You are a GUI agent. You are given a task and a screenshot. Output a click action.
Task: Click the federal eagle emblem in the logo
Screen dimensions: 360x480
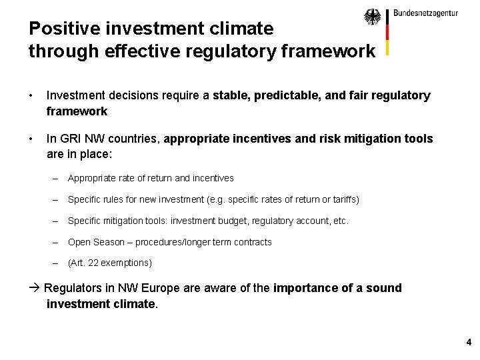(373, 17)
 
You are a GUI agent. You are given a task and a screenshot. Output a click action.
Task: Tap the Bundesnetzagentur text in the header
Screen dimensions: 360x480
(425, 13)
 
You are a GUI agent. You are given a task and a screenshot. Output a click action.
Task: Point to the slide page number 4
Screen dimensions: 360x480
(469, 343)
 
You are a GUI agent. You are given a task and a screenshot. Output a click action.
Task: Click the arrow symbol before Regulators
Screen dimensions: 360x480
(35, 288)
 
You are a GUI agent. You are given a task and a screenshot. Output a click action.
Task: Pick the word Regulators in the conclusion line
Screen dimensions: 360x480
(79, 288)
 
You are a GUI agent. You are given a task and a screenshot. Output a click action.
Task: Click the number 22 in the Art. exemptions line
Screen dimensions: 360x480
(95, 263)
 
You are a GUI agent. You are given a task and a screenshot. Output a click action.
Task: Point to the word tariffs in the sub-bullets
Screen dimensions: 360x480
(344, 199)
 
